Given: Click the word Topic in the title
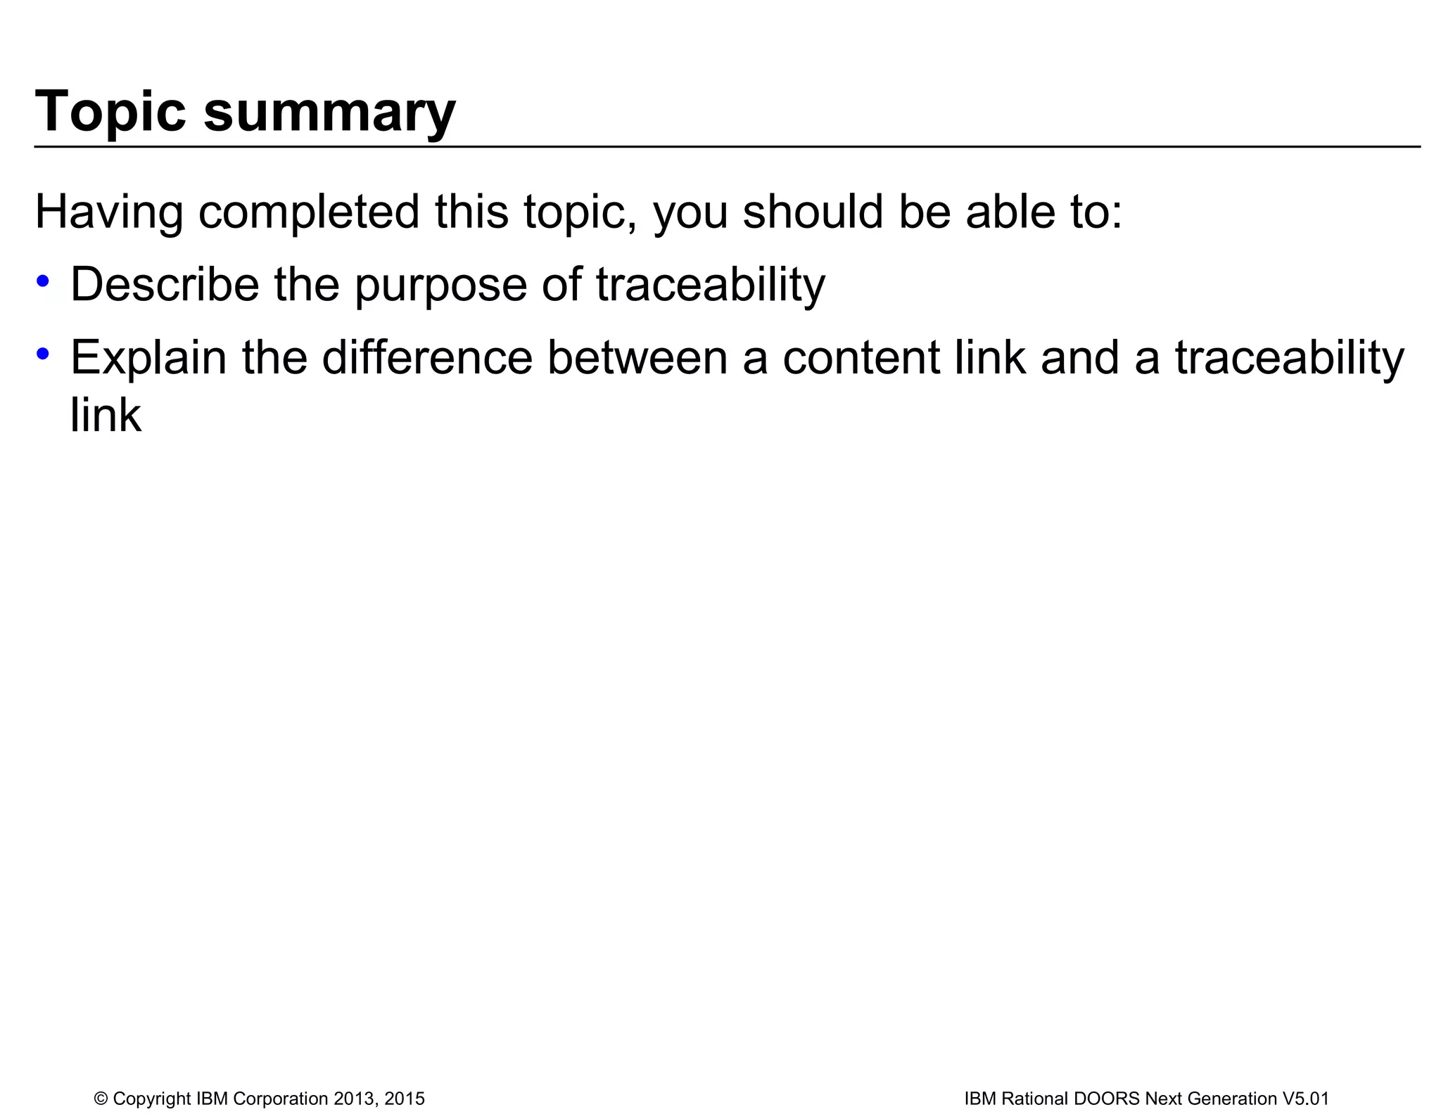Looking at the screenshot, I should pos(110,111).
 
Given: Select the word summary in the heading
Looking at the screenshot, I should pos(329,113).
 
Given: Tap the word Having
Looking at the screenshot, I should pos(108,212).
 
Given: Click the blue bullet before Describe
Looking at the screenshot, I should pos(44,281).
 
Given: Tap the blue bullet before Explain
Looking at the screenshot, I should pos(44,354).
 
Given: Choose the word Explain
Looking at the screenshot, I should pos(148,358).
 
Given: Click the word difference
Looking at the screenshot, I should pos(427,357).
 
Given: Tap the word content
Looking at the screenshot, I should pos(861,357).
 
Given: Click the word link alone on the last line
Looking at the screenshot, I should pos(106,415).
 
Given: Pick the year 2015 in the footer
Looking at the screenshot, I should pos(405,1099).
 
